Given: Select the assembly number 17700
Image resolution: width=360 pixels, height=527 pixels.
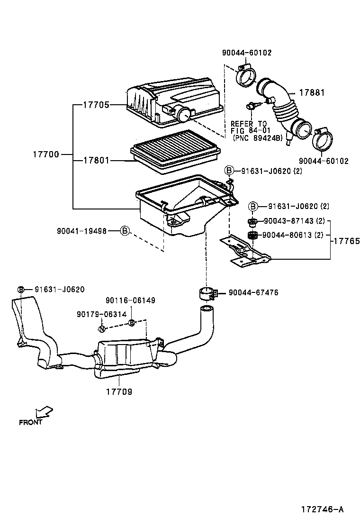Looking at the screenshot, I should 46,154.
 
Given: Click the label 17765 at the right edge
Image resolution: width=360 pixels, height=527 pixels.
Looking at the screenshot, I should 346,241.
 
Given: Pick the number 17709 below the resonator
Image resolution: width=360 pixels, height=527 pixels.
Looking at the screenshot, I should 119,392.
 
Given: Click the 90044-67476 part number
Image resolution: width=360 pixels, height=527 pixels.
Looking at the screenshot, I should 253,293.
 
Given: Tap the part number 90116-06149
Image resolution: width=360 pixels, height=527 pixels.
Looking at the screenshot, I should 130,300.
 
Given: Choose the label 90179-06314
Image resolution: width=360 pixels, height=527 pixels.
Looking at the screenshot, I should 101,314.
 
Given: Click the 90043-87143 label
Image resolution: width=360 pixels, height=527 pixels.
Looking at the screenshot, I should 288,221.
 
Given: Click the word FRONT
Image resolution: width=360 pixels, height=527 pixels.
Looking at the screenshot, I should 31,422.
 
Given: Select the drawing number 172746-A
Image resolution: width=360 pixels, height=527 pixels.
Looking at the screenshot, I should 322,509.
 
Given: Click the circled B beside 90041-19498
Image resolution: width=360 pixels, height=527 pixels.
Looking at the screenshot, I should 124,231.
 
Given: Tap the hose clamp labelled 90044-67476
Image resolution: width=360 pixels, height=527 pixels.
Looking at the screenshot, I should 207,293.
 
